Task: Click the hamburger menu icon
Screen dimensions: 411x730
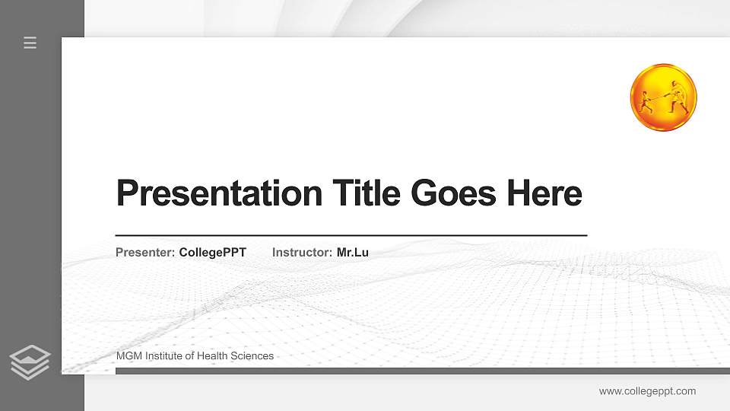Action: (x=30, y=43)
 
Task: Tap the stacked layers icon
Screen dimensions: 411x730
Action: (x=30, y=362)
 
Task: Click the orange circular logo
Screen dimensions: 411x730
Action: (x=663, y=97)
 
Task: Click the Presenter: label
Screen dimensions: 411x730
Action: (x=145, y=252)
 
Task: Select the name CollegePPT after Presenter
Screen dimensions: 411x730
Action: (x=213, y=252)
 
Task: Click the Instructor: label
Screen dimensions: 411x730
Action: (x=302, y=252)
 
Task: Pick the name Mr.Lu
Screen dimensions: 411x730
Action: (x=353, y=252)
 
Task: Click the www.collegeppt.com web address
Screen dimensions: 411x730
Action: (x=647, y=391)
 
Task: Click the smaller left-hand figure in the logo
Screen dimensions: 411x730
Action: (x=646, y=100)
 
